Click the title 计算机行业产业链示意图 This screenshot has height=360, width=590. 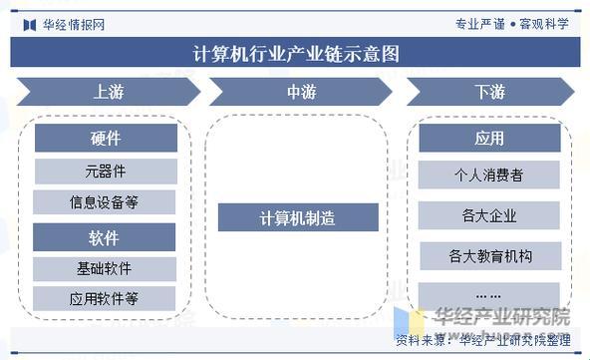(295, 54)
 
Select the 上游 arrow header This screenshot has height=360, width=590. (108, 93)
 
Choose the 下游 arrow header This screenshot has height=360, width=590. (488, 93)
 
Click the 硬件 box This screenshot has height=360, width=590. (106, 138)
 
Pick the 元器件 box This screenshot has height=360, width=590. (106, 172)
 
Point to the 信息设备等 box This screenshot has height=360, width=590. (106, 202)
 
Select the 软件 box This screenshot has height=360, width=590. (106, 238)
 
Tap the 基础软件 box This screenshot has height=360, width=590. (106, 269)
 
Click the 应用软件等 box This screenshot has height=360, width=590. (106, 298)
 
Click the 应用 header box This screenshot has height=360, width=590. (488, 138)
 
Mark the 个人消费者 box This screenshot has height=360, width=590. (488, 176)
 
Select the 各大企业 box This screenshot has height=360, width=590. (488, 215)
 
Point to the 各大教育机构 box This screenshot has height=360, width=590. (488, 256)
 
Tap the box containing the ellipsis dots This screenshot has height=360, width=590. (488, 295)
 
